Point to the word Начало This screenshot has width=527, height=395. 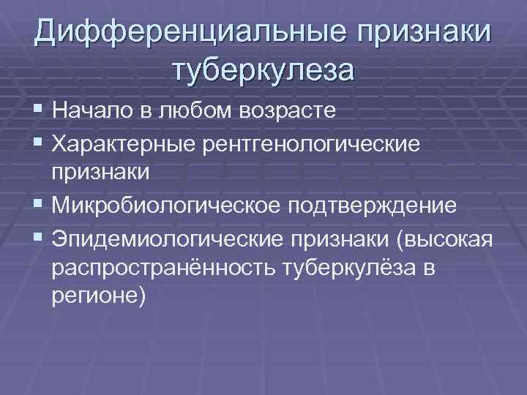click(x=94, y=111)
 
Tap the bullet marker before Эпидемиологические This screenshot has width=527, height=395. click(x=39, y=238)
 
